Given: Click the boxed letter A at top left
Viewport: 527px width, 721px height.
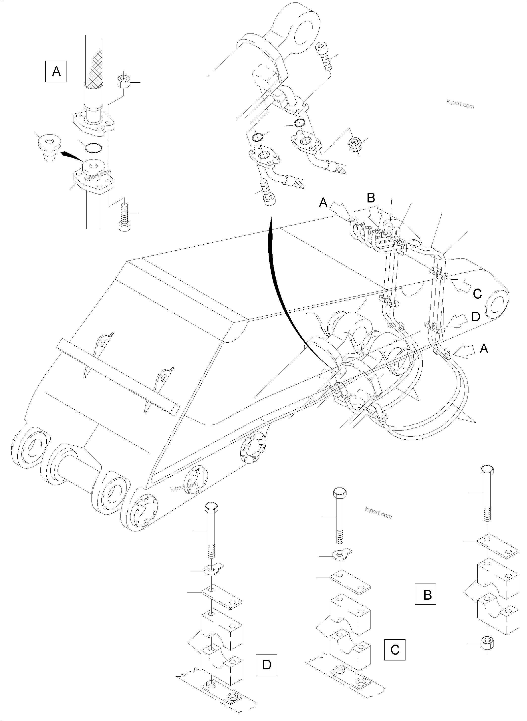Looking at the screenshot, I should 56,71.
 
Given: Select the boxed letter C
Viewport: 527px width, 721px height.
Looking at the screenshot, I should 395,650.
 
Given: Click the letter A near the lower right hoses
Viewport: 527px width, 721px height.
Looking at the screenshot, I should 484,349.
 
